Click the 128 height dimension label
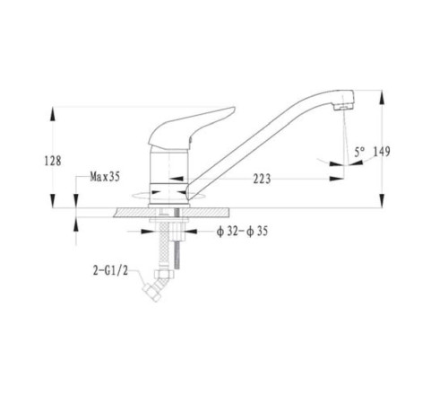click(x=53, y=161)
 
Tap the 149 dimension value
click(x=382, y=152)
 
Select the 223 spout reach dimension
click(x=262, y=179)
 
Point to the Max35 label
click(x=105, y=177)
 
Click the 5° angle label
click(x=359, y=153)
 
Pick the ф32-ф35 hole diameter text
click(x=242, y=231)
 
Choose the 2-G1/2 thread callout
click(x=110, y=271)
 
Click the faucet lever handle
click(x=191, y=127)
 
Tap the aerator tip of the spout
click(x=343, y=107)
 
